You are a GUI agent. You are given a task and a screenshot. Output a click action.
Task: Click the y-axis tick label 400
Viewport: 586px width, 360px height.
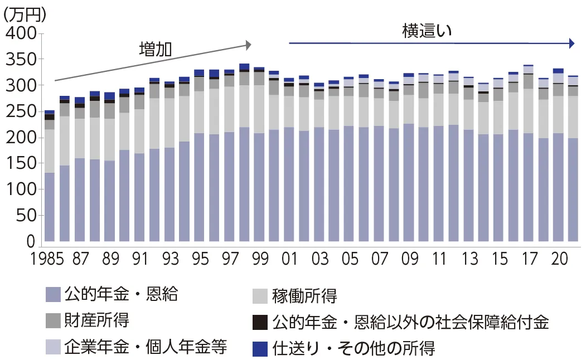point(20,34)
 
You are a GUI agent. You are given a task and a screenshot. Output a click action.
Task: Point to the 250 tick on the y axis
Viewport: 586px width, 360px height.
point(20,112)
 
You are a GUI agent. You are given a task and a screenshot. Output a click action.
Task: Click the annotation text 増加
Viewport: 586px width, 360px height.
point(154,49)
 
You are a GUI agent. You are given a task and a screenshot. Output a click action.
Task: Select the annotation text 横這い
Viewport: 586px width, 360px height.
point(426,31)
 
